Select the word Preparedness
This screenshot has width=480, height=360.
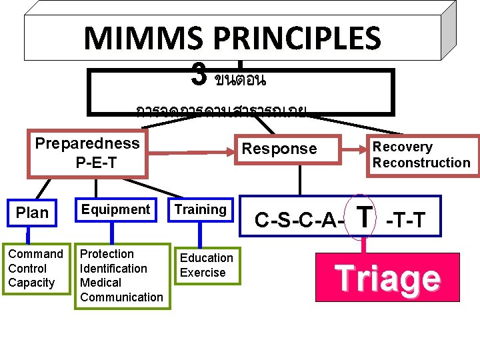point(87,143)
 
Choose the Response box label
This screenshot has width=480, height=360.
point(279,149)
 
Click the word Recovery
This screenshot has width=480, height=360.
point(402,147)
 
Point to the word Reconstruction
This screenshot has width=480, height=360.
point(421,163)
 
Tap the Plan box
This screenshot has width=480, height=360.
point(32,213)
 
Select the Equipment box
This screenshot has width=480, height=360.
point(115,209)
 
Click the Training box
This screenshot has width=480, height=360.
point(200,209)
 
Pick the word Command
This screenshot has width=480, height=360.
point(35,254)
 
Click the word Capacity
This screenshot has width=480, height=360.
point(31,283)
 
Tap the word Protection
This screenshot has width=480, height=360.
point(107,254)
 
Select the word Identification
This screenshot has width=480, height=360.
point(113,269)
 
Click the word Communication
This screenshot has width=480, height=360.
point(121,297)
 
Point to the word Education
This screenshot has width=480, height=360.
point(207,258)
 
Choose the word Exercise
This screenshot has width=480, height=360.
point(203,273)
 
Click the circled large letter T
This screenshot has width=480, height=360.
point(364,215)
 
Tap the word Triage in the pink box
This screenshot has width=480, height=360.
point(387,279)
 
